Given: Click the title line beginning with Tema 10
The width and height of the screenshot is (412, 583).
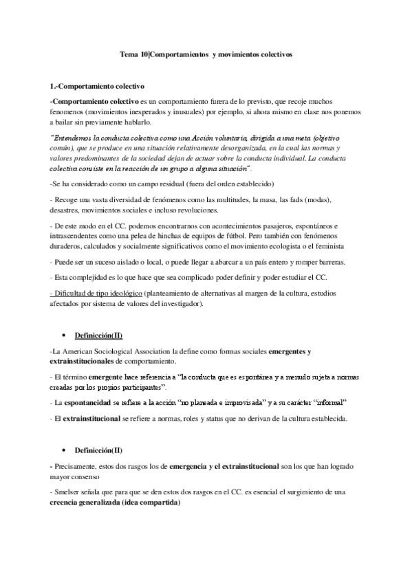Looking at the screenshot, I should pyautogui.click(x=206, y=55).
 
